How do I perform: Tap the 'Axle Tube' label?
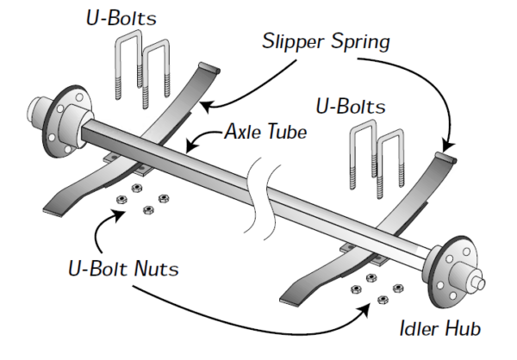pyautogui.click(x=265, y=133)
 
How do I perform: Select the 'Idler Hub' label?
pyautogui.click(x=439, y=328)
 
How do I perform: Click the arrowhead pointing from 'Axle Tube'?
pyautogui.click(x=191, y=138)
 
